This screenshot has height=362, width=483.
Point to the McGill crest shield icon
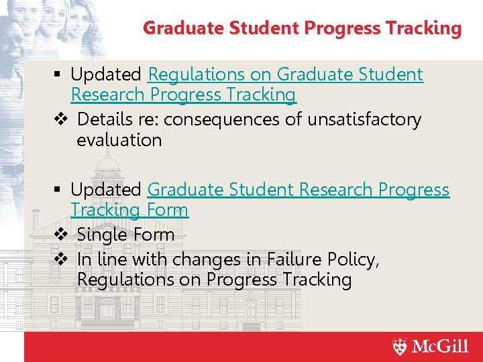pyautogui.click(x=400, y=347)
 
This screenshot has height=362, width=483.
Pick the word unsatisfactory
pyautogui.click(x=364, y=120)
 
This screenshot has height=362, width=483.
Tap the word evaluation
pyautogui.click(x=119, y=140)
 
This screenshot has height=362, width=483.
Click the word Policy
pyautogui.click(x=355, y=259)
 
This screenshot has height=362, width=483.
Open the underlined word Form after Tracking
pyautogui.click(x=167, y=210)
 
